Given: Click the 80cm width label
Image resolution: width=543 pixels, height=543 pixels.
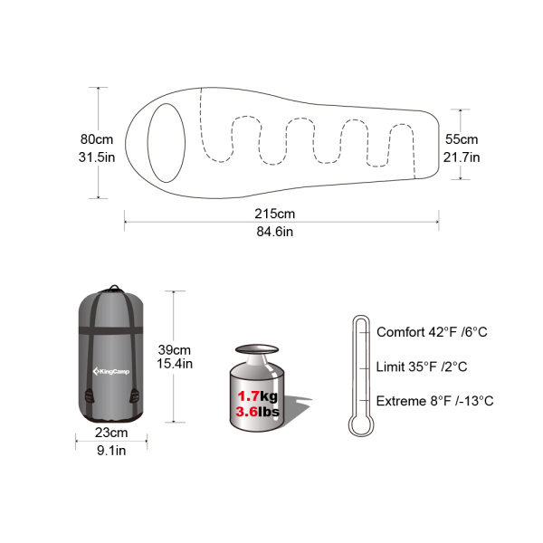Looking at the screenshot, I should click(96, 139).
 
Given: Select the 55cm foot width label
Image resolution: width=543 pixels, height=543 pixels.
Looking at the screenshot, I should click(461, 139).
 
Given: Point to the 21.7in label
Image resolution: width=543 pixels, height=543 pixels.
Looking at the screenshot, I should click(462, 157).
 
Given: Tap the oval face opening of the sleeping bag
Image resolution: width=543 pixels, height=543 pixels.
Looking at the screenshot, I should click(166, 139).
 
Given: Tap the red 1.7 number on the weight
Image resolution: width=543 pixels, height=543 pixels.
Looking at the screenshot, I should click(249, 396).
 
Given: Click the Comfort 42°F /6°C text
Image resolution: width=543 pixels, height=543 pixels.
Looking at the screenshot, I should click(432, 332).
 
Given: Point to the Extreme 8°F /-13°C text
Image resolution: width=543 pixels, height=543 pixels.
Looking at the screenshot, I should click(434, 401).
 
